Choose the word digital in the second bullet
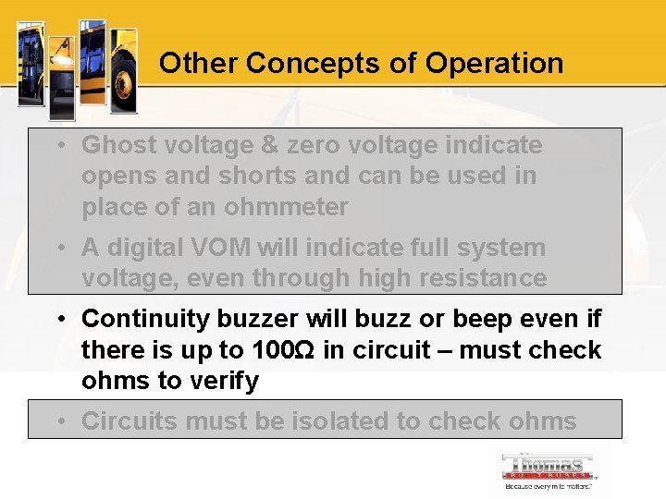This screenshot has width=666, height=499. pyautogui.click(x=147, y=248)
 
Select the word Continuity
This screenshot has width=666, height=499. pyautogui.click(x=145, y=319)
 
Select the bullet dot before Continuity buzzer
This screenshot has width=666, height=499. pyautogui.click(x=59, y=319)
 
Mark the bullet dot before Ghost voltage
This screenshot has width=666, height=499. pyautogui.click(x=59, y=145)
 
